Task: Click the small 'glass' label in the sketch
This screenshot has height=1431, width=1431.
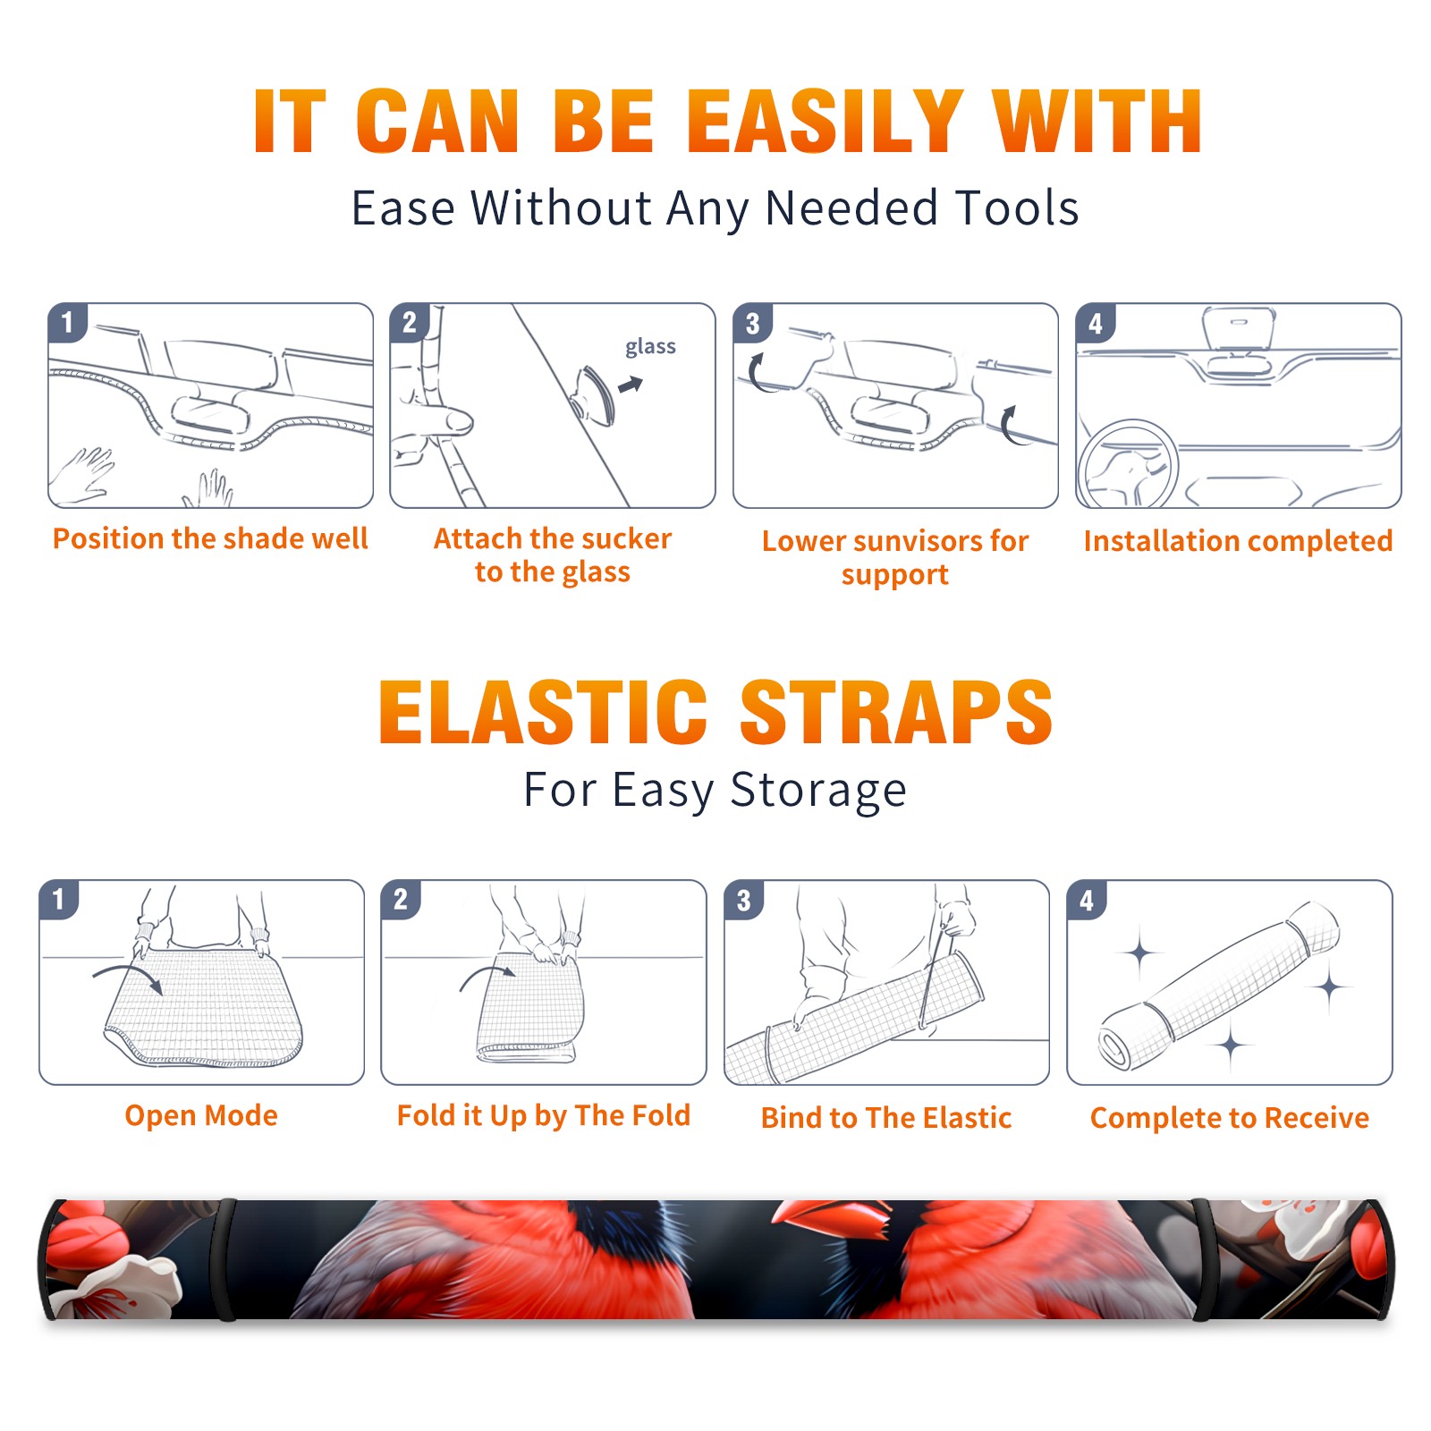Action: (x=650, y=346)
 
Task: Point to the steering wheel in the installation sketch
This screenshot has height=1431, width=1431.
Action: (x=1128, y=465)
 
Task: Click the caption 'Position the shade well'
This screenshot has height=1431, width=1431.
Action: (x=210, y=538)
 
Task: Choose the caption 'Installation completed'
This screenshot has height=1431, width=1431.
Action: (x=1238, y=541)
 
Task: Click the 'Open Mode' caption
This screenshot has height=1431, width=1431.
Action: (x=201, y=1115)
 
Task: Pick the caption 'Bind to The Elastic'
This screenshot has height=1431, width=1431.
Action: (x=885, y=1118)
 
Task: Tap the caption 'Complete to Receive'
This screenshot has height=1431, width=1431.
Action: (x=1230, y=1118)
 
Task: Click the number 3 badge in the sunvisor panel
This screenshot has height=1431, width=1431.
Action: (x=752, y=323)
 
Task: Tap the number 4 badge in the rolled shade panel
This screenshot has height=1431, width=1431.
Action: (x=1086, y=900)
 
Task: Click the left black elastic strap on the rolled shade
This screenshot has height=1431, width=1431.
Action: (x=225, y=1259)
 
